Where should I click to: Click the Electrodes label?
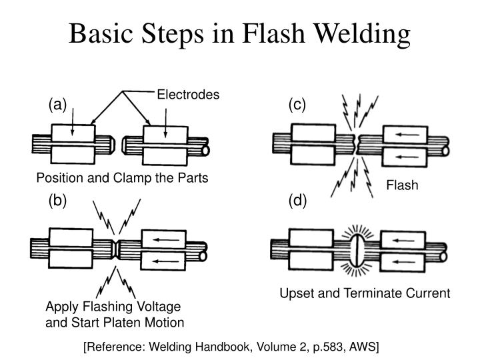(x=187, y=95)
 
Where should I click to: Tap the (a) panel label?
(x=57, y=105)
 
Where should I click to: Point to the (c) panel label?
(x=297, y=105)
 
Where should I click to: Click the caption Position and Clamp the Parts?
(x=122, y=178)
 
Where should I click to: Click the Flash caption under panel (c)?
(x=402, y=185)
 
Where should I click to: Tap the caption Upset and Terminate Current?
(x=365, y=293)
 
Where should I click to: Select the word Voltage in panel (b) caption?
(x=159, y=307)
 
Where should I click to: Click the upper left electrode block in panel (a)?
(x=73, y=133)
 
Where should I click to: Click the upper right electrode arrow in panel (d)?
(x=403, y=239)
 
